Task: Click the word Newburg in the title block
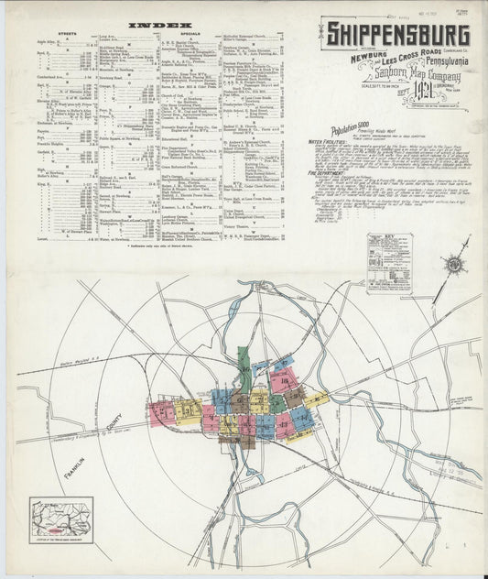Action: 353,59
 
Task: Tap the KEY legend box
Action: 389,263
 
